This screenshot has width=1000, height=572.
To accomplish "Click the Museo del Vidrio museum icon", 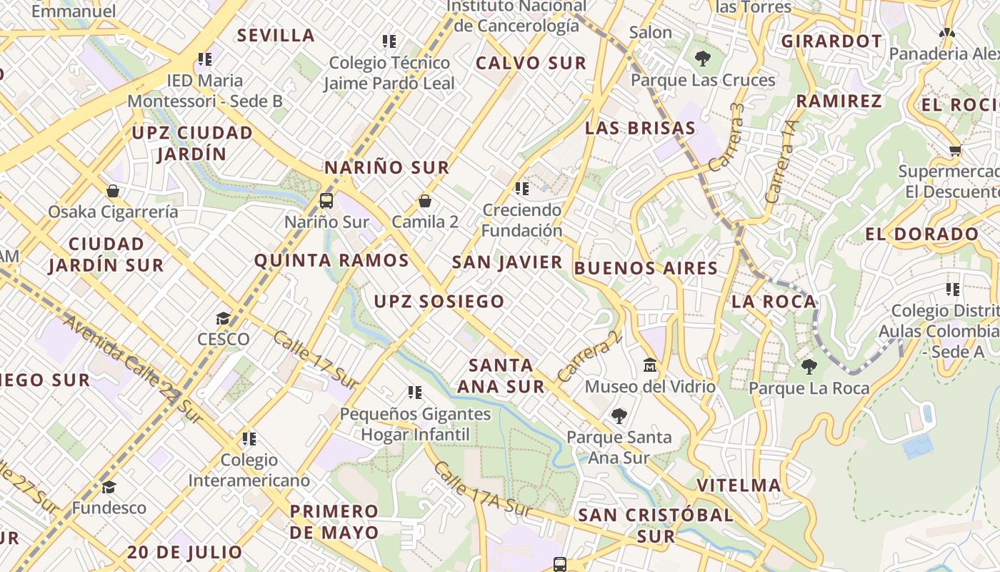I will (650, 365).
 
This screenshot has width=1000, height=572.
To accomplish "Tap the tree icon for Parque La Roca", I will (809, 368).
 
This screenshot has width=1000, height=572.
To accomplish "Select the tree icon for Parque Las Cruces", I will (703, 59).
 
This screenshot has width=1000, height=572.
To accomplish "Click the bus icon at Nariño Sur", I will (326, 200).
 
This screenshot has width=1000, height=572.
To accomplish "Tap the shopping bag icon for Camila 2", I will (425, 201).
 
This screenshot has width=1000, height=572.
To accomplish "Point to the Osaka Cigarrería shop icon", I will (113, 191).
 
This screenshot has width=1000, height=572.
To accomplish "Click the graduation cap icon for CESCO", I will (224, 318).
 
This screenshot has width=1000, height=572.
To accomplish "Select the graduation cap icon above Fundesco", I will (109, 487).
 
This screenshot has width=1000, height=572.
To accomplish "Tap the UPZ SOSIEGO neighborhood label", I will (439, 302).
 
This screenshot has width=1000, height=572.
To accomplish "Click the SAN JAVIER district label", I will (507, 262).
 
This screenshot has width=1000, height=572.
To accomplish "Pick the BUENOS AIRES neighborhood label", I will (646, 269).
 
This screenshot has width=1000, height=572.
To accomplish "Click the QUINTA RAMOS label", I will (331, 260).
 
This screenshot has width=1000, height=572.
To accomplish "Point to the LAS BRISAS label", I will (639, 129).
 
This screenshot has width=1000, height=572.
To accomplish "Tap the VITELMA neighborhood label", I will (739, 485).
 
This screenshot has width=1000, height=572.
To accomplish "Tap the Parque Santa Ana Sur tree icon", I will (619, 415).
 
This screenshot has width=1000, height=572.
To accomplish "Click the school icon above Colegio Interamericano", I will (249, 438).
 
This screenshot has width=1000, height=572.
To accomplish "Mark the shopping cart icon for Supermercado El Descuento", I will (955, 150).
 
